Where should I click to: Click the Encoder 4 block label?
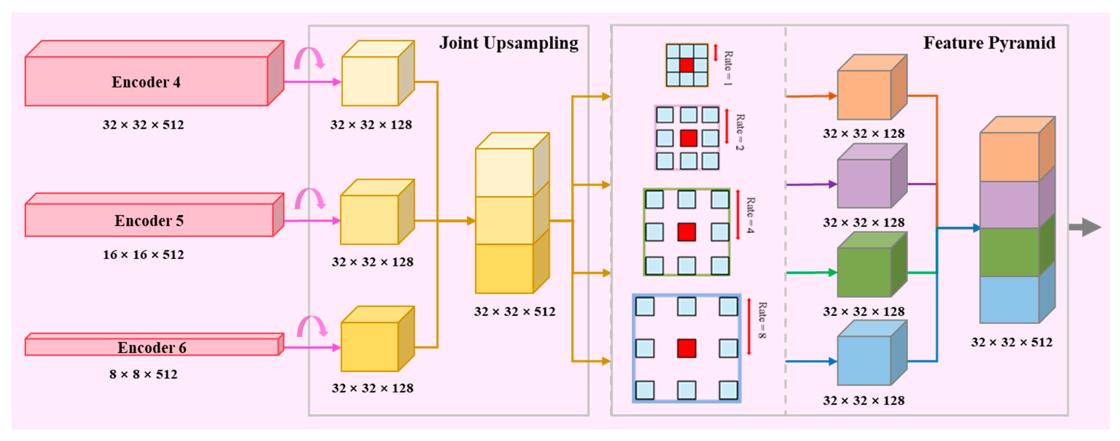[x=146, y=82]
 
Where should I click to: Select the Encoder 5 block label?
[x=149, y=221]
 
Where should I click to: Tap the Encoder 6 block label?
[x=152, y=348]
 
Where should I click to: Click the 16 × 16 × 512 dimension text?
[x=143, y=255]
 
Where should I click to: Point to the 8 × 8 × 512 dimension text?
[x=143, y=374]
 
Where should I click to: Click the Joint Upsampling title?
[x=508, y=43]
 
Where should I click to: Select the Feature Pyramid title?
[x=989, y=43]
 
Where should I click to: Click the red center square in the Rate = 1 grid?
[x=687, y=65]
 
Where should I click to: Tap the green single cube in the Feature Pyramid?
[x=865, y=272]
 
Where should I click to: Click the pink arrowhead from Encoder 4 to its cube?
[x=336, y=82]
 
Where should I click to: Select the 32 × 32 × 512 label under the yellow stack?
[x=514, y=312]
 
